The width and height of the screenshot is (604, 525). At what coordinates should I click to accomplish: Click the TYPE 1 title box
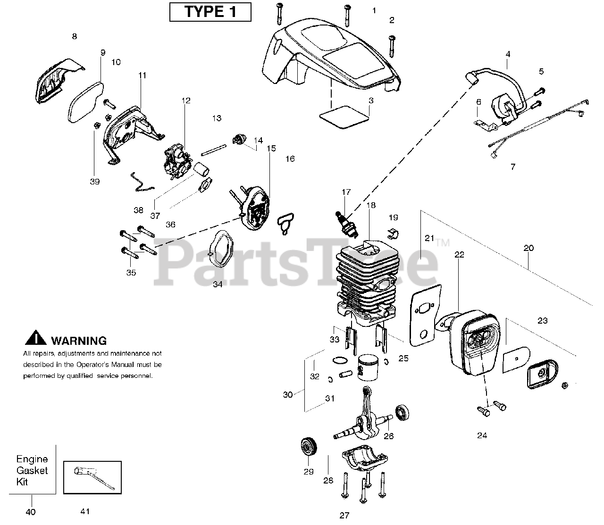210,12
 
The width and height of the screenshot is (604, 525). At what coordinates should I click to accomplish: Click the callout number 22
459,255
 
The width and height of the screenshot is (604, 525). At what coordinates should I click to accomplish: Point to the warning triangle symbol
36,339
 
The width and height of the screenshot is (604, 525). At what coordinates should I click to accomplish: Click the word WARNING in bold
79,341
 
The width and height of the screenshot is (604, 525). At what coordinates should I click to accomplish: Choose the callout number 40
32,512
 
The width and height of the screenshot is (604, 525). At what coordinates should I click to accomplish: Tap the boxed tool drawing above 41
92,477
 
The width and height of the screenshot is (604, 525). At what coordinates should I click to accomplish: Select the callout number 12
185,100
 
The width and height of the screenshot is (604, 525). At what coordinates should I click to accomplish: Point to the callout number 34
217,284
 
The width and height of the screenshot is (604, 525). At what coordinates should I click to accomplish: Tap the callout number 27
344,515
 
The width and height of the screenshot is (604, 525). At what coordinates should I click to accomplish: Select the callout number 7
513,167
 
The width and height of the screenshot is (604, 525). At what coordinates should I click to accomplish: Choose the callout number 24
482,435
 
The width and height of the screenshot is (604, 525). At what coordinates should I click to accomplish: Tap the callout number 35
131,273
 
